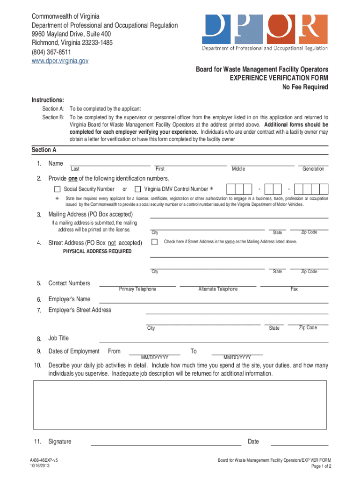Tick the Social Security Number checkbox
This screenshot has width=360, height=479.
[57, 189]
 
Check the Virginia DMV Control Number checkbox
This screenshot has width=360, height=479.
[137, 189]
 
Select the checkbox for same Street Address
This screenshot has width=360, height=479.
[154, 242]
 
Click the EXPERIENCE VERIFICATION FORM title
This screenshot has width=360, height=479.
[279, 78]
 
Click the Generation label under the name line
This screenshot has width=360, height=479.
[313, 169]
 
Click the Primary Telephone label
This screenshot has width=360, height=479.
[137, 289]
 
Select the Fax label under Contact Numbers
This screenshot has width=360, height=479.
[294, 289]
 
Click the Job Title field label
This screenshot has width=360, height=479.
[58, 338]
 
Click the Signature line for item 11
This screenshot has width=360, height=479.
[166, 442]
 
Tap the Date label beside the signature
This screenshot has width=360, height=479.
[253, 442]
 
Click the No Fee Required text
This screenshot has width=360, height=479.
[305, 87]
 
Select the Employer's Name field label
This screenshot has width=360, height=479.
[70, 299]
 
